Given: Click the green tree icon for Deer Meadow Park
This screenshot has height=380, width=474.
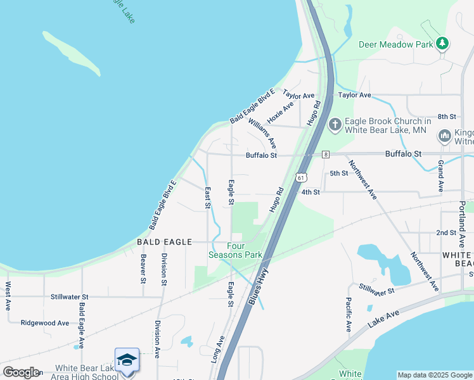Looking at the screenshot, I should (x=442, y=44).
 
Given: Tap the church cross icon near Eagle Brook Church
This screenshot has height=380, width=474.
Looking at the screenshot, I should (x=335, y=125).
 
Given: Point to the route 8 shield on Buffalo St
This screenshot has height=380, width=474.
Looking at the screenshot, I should (x=325, y=154).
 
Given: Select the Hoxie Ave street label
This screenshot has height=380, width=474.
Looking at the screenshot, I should (x=280, y=112).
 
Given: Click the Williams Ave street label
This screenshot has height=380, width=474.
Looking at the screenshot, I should (x=262, y=133).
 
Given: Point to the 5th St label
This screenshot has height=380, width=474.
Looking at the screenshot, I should (x=339, y=173).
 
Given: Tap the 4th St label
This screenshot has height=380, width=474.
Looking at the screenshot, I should (x=311, y=192).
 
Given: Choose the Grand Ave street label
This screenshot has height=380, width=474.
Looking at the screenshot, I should (x=440, y=175).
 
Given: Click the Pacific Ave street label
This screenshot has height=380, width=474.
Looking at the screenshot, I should (x=349, y=315).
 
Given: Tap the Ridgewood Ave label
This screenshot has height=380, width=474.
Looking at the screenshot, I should (x=44, y=322).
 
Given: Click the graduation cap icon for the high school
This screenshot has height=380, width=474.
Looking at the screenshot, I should (x=127, y=360).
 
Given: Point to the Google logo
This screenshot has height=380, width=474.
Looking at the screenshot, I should (x=21, y=372).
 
